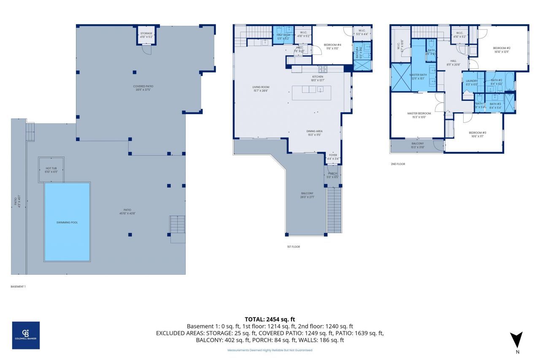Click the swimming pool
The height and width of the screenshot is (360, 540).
pos(67,222)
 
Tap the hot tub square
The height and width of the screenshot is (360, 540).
pos(51,170)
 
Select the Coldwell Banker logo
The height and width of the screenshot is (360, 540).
pos(26,335)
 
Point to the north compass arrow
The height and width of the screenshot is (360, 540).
pos(516,340)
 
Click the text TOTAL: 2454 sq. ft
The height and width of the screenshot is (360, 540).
pos(270,319)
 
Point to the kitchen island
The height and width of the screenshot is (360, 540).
pos(311,92)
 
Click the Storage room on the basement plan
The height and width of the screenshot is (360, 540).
pos(146,35)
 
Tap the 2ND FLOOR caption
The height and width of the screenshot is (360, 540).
pos(398,164)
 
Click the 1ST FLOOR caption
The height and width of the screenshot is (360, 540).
pos(293,246)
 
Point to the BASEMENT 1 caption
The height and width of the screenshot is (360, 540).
pos(18,287)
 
